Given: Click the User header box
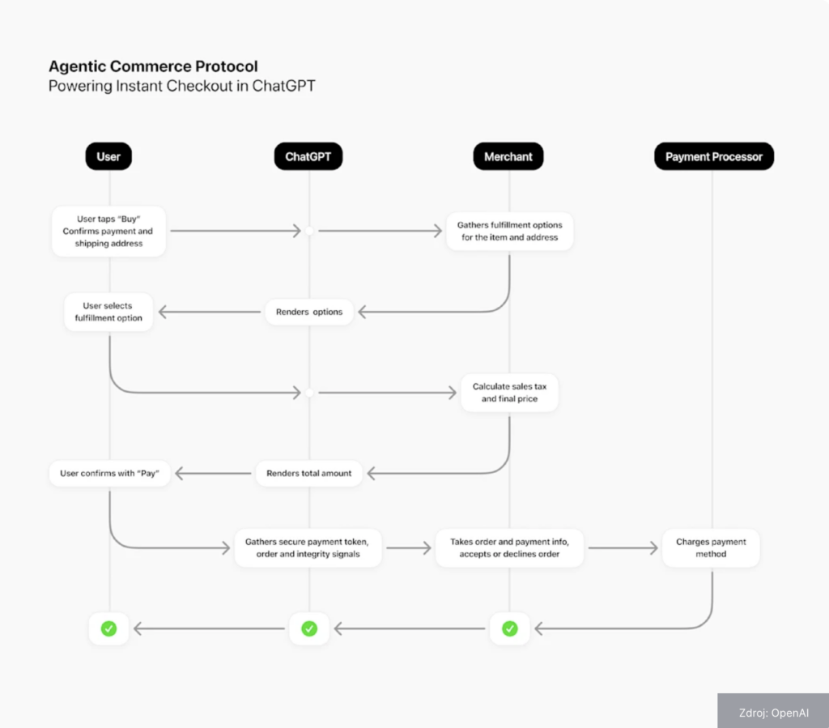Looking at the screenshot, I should [108, 157].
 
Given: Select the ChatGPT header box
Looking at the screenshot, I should [308, 157].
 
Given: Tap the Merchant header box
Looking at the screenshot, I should [508, 157].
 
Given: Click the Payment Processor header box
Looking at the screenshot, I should [713, 157].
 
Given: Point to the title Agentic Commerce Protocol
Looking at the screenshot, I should [153, 66].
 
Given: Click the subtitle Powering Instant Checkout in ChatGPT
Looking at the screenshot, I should [181, 86].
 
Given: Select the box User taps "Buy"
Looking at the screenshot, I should [108, 231].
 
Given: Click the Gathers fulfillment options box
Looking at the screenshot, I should [509, 231].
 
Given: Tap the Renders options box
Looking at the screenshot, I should [309, 312].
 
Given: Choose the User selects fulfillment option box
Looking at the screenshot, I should [108, 312].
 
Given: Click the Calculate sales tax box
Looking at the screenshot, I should [509, 393].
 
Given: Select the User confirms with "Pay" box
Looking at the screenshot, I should [109, 473].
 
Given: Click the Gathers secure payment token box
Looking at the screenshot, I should [307, 547].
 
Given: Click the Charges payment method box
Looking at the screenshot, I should [711, 547].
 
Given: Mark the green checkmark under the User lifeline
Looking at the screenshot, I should [108, 628].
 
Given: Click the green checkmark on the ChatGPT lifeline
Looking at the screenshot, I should [309, 628].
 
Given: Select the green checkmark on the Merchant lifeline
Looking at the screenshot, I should [509, 628].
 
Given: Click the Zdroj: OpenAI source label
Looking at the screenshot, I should [773, 713].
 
